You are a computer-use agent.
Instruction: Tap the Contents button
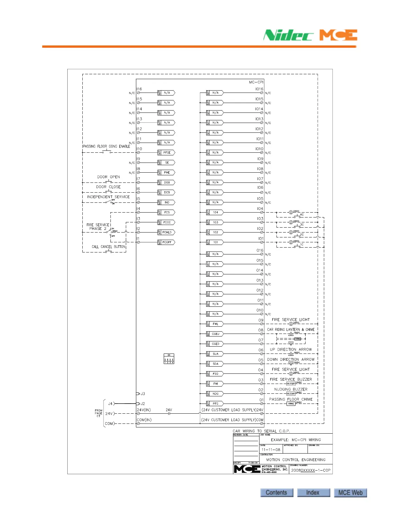click(276, 492)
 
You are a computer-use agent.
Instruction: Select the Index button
click(313, 492)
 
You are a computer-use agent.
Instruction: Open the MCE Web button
click(350, 492)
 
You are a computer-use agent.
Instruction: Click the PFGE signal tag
click(167, 153)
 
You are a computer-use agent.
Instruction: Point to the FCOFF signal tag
click(167, 242)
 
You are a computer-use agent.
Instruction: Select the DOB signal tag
click(167, 182)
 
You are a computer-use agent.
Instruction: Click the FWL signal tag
click(216, 324)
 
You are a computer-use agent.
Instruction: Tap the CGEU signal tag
click(216, 334)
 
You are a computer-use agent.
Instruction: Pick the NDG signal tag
click(216, 394)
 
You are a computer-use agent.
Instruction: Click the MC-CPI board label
click(256, 82)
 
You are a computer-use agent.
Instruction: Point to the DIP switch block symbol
click(169, 359)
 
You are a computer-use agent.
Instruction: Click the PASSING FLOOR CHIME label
click(291, 399)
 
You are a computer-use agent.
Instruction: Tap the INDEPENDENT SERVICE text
click(108, 197)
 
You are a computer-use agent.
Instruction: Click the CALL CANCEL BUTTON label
click(108, 247)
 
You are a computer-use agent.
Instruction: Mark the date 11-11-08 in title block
click(271, 450)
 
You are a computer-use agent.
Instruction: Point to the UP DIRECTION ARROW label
click(291, 350)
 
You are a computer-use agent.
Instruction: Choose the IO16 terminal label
click(259, 89)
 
